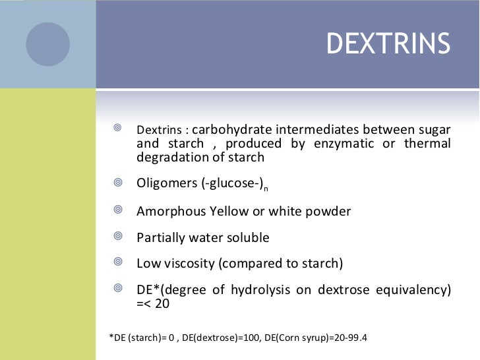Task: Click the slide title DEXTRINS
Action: point(388,45)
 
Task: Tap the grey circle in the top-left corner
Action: point(47,44)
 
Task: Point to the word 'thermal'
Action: point(429,143)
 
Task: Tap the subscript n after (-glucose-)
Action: point(265,189)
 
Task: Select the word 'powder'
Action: point(326,211)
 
